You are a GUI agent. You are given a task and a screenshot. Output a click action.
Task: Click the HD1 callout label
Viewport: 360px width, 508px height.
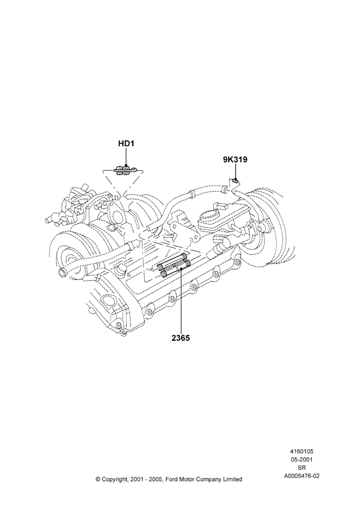(126, 143)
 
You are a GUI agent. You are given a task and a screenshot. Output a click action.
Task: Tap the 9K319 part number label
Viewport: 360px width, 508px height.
(235, 160)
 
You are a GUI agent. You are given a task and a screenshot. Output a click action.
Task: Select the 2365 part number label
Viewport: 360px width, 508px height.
(181, 338)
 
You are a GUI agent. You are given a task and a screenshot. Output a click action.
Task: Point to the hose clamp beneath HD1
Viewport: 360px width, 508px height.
(126, 170)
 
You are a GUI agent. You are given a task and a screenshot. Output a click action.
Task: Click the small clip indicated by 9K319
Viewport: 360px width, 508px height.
(236, 181)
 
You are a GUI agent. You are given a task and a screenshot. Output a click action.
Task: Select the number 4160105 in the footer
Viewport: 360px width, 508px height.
(302, 451)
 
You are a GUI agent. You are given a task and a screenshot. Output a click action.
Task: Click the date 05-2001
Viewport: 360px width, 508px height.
(302, 459)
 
